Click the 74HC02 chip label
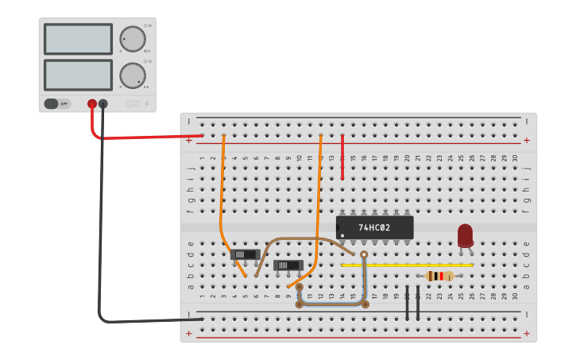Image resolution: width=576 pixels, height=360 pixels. click(374, 227)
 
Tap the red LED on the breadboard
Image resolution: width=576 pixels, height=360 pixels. click(465, 235)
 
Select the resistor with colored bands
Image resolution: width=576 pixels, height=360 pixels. click(439, 276)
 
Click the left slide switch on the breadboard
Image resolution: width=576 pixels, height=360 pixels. click(245, 254)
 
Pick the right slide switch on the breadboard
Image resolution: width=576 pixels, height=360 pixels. click(288, 265)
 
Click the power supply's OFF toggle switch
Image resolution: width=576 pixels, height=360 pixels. click(57, 103)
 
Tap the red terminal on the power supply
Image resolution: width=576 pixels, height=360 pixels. click(92, 103)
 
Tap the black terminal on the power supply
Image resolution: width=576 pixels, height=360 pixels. click(102, 103)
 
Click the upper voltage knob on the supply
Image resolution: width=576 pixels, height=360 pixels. click(132, 38)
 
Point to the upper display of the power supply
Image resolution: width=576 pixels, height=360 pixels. click(78, 39)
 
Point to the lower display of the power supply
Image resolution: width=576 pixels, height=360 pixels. click(78, 75)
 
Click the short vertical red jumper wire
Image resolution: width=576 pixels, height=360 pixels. click(342, 157)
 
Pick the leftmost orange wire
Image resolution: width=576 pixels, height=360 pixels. click(222, 199)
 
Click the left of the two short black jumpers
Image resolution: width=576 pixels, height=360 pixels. click(407, 303)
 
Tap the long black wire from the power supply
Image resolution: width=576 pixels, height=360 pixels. click(100, 238)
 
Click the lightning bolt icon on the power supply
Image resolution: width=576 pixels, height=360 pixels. click(145, 103)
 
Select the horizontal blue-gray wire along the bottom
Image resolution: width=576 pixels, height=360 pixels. click(332, 304)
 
